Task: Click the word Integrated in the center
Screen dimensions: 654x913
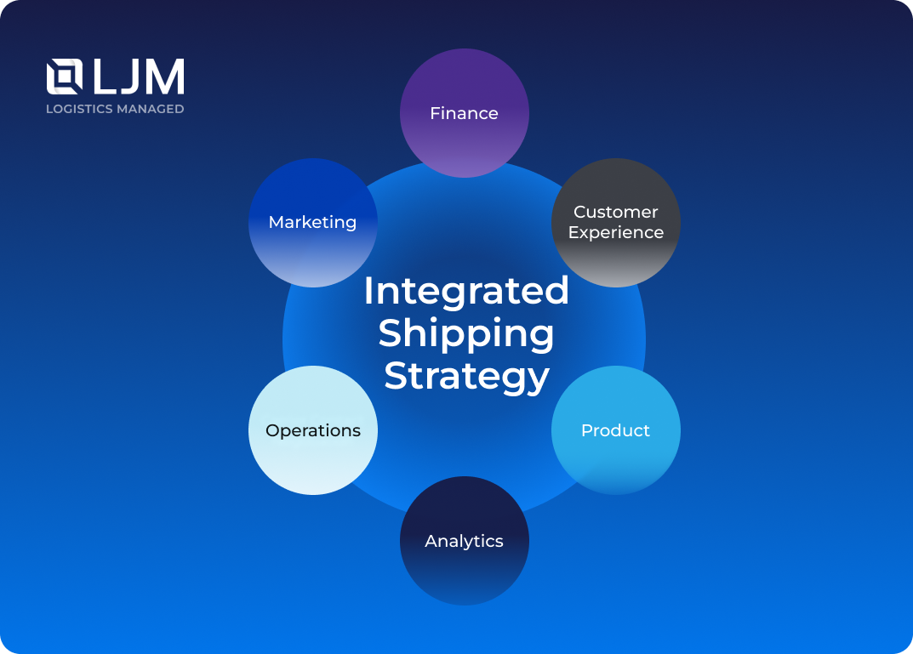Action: click(466, 291)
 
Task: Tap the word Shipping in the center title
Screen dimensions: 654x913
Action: click(466, 333)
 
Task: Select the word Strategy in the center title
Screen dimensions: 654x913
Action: click(466, 375)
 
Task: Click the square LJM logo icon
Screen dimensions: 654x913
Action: click(65, 77)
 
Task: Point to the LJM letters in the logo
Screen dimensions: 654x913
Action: click(139, 77)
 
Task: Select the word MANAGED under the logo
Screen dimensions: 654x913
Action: click(153, 109)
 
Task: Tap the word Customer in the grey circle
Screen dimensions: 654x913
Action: click(616, 212)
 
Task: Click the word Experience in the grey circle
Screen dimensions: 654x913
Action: click(616, 232)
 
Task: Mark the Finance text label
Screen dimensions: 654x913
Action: click(465, 113)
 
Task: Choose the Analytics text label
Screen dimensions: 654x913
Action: click(465, 541)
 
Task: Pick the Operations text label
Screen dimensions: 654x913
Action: click(313, 430)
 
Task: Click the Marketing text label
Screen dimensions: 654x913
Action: click(313, 222)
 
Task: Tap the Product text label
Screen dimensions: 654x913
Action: click(616, 430)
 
